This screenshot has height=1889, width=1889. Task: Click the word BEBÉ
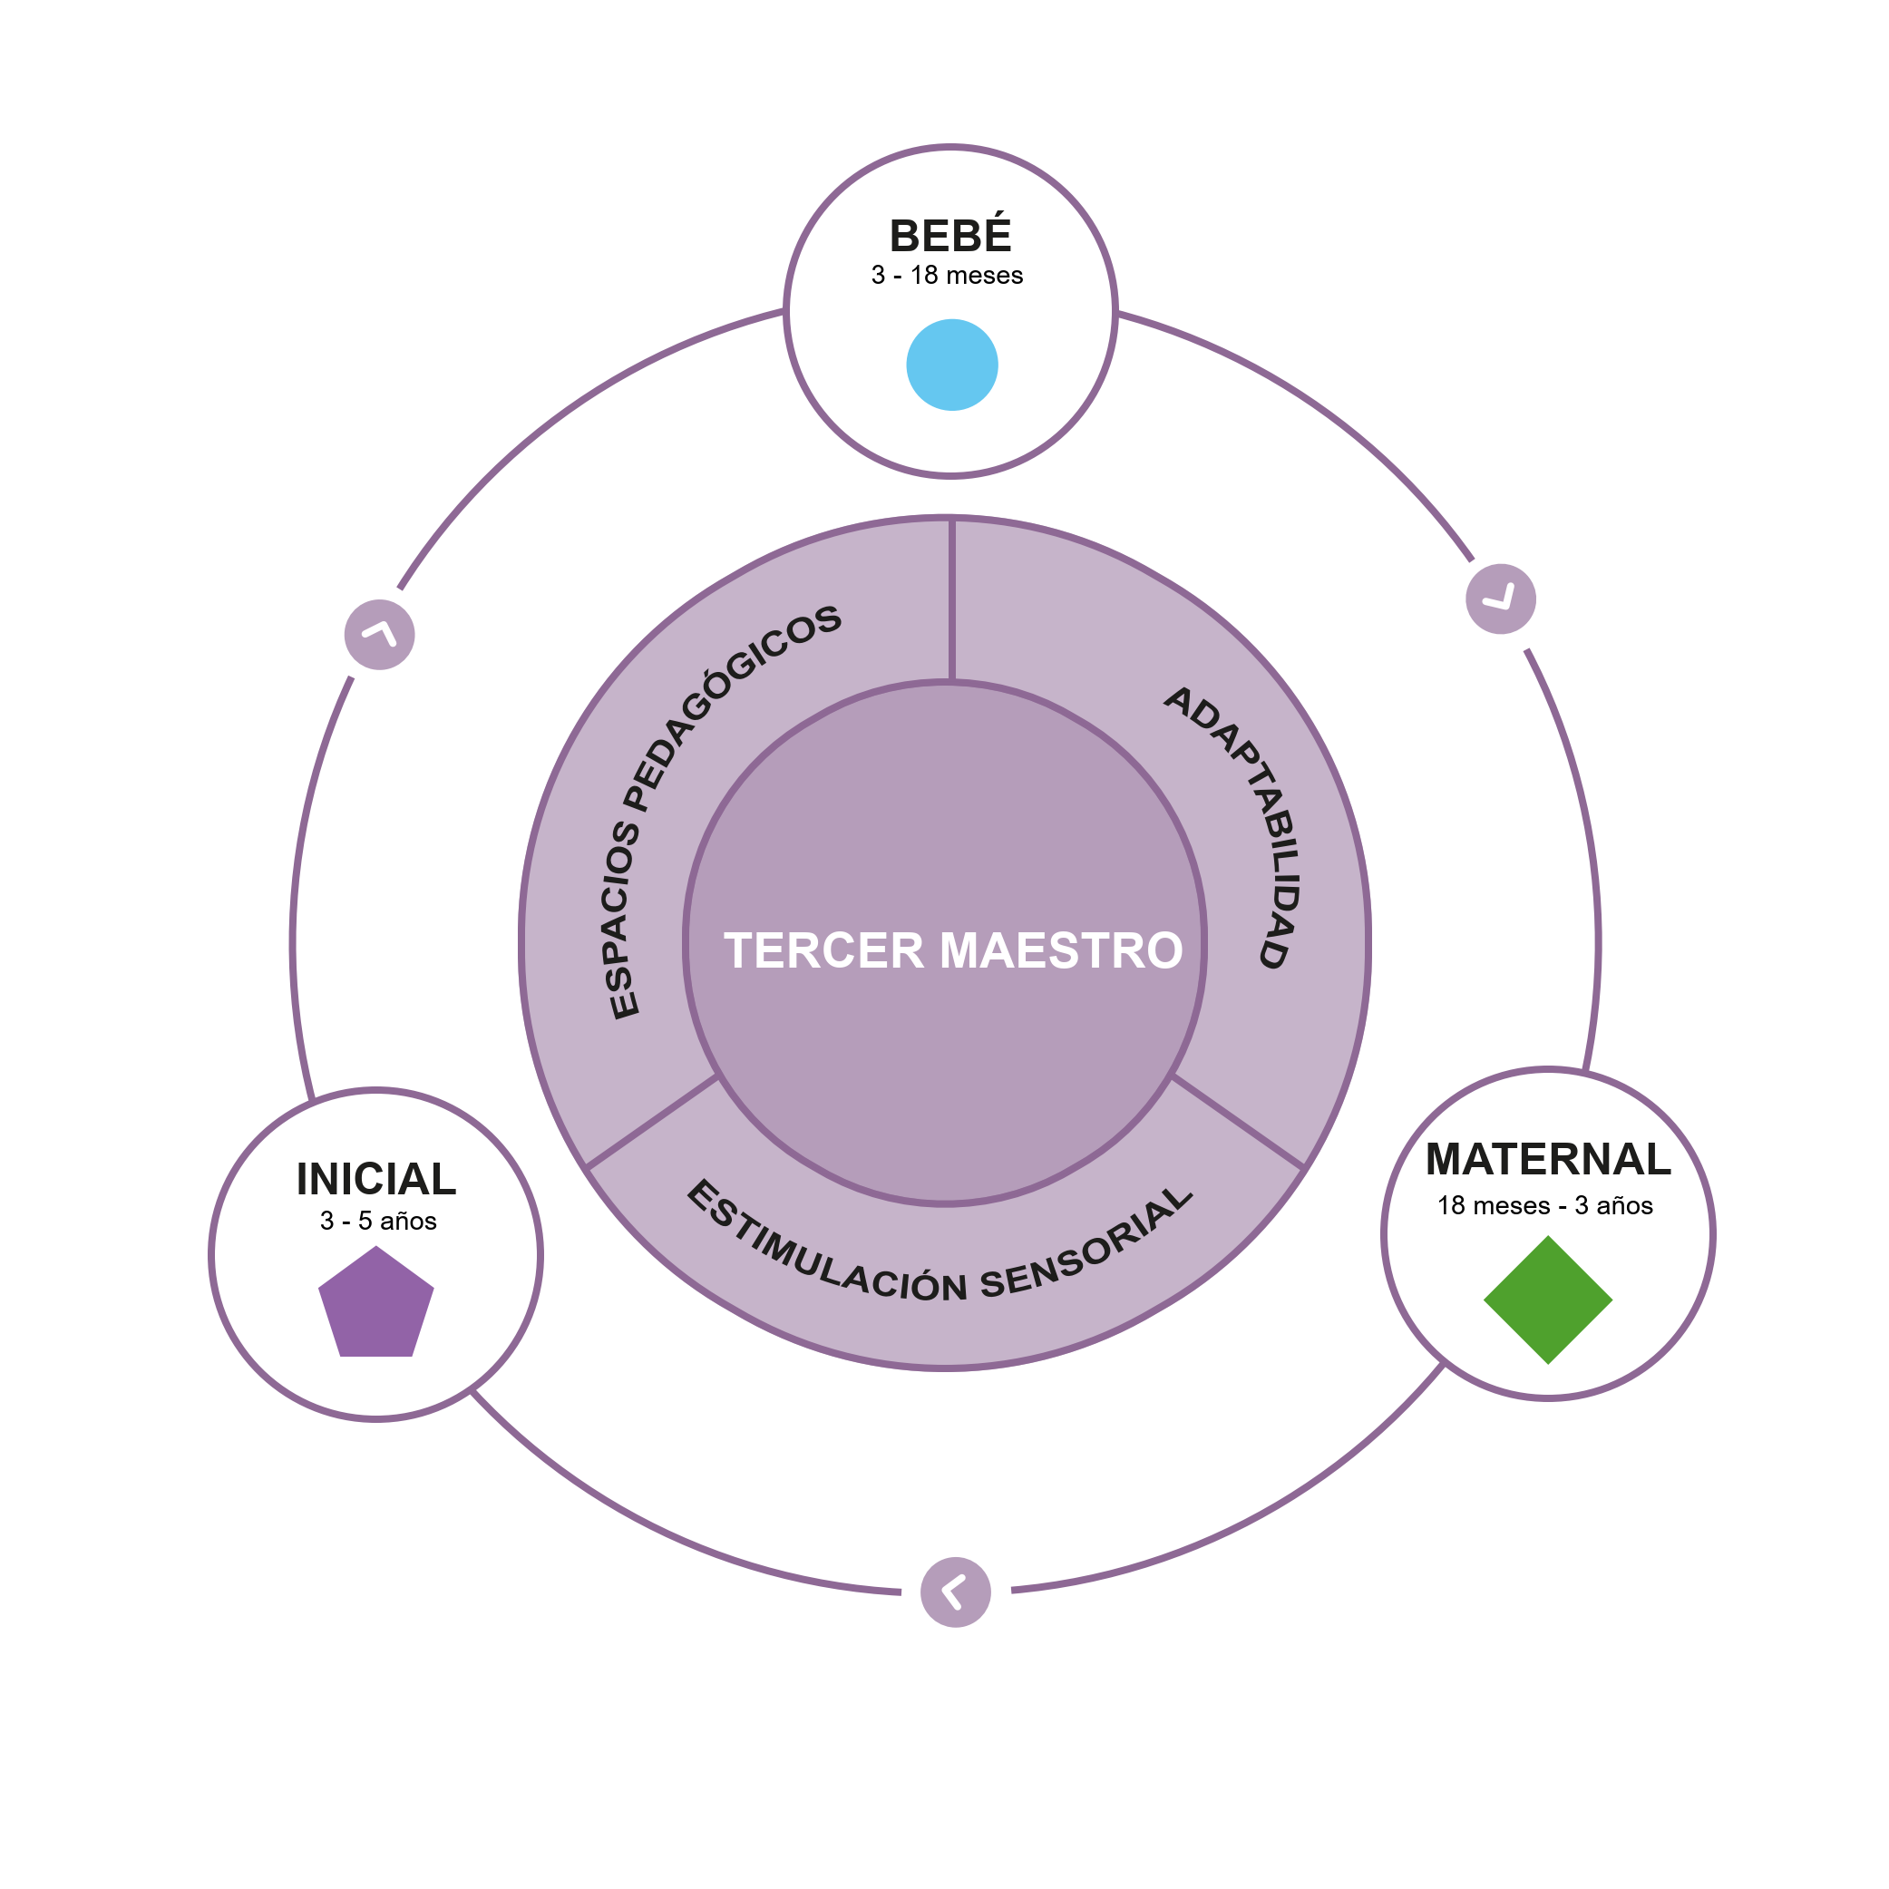949,237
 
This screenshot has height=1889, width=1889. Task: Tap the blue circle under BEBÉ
951,365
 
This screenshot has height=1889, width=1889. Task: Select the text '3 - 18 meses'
947,276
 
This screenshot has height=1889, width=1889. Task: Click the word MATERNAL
1548,1160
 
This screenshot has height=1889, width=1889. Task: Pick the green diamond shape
1548,1300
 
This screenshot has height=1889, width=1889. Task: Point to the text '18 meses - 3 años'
1544,1205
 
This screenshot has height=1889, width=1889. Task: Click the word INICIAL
376,1179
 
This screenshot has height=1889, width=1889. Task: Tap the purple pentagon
376,1305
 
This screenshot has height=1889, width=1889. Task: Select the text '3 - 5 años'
378,1222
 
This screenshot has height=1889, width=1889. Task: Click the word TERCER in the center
823,951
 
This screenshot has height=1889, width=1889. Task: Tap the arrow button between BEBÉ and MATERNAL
1501,599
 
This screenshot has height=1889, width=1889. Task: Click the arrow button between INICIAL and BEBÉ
379,635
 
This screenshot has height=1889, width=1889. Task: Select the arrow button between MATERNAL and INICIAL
955,1592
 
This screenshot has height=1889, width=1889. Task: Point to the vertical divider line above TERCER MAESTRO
951,599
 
